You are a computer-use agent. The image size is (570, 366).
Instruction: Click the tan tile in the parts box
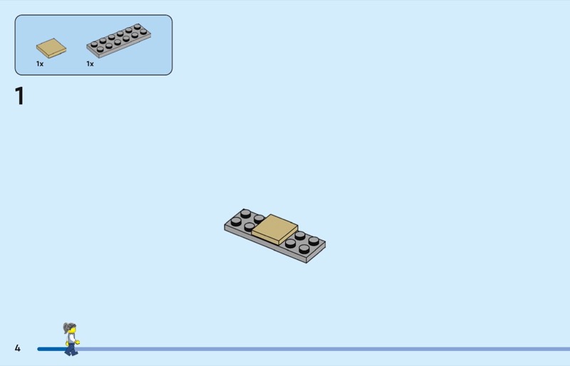pos(51,48)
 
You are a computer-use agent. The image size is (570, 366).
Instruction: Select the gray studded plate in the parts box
pos(119,41)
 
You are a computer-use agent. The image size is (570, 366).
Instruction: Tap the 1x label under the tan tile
pos(40,63)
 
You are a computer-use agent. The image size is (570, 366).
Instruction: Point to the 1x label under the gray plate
pos(90,63)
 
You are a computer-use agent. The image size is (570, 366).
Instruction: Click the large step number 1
pos(20,96)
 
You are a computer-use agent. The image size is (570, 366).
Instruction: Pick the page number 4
pos(17,348)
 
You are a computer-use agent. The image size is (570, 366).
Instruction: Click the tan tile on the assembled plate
pos(275,229)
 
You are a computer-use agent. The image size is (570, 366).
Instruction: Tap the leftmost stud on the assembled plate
pos(236,221)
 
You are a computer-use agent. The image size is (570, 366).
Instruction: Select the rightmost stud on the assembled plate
pos(313,240)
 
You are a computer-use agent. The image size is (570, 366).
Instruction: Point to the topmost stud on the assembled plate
pos(245,213)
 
